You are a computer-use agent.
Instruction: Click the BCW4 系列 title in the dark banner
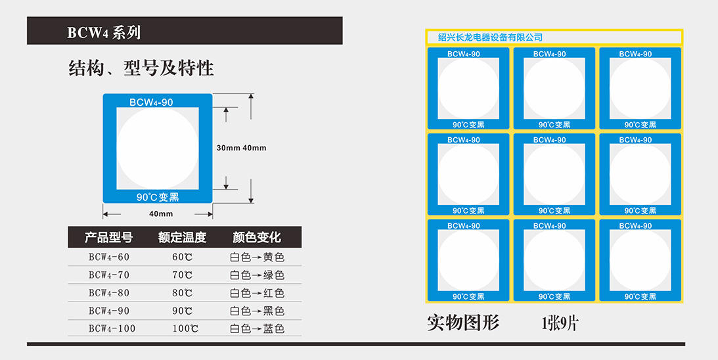coord(104,32)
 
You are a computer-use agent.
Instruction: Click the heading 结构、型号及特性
coord(141,68)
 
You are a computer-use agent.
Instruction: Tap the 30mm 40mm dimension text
coord(241,148)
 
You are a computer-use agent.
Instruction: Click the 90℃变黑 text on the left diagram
coord(158,196)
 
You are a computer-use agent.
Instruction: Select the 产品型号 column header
coord(108,237)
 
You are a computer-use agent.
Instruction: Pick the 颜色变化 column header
coord(257,237)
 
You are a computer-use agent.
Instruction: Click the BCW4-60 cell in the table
coord(109,257)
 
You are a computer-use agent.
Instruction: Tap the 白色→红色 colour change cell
coord(257,292)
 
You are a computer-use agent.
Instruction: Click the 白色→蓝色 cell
coord(257,328)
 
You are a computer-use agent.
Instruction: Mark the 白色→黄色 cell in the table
coord(257,257)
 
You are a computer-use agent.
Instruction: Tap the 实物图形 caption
coord(463,323)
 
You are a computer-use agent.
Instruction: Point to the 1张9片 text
coord(559,323)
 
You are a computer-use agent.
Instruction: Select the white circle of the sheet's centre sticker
coord(554,174)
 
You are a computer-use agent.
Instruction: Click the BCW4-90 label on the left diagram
coord(151,102)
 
